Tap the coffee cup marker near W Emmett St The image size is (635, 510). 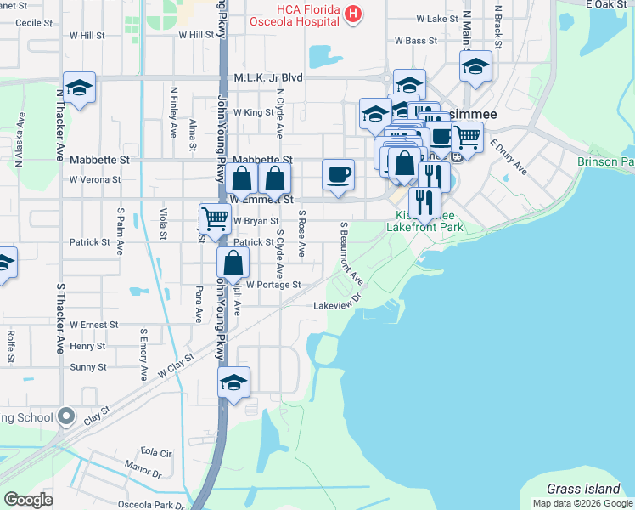(x=339, y=176)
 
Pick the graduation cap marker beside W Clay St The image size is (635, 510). (x=233, y=382)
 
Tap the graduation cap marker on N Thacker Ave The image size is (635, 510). (x=79, y=88)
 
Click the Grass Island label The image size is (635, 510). (x=583, y=489)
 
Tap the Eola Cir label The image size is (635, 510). (x=155, y=452)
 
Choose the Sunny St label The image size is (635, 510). (x=87, y=367)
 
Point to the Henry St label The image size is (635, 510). (x=87, y=346)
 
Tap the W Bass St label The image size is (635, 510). (x=416, y=41)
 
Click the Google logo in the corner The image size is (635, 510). (x=28, y=500)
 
